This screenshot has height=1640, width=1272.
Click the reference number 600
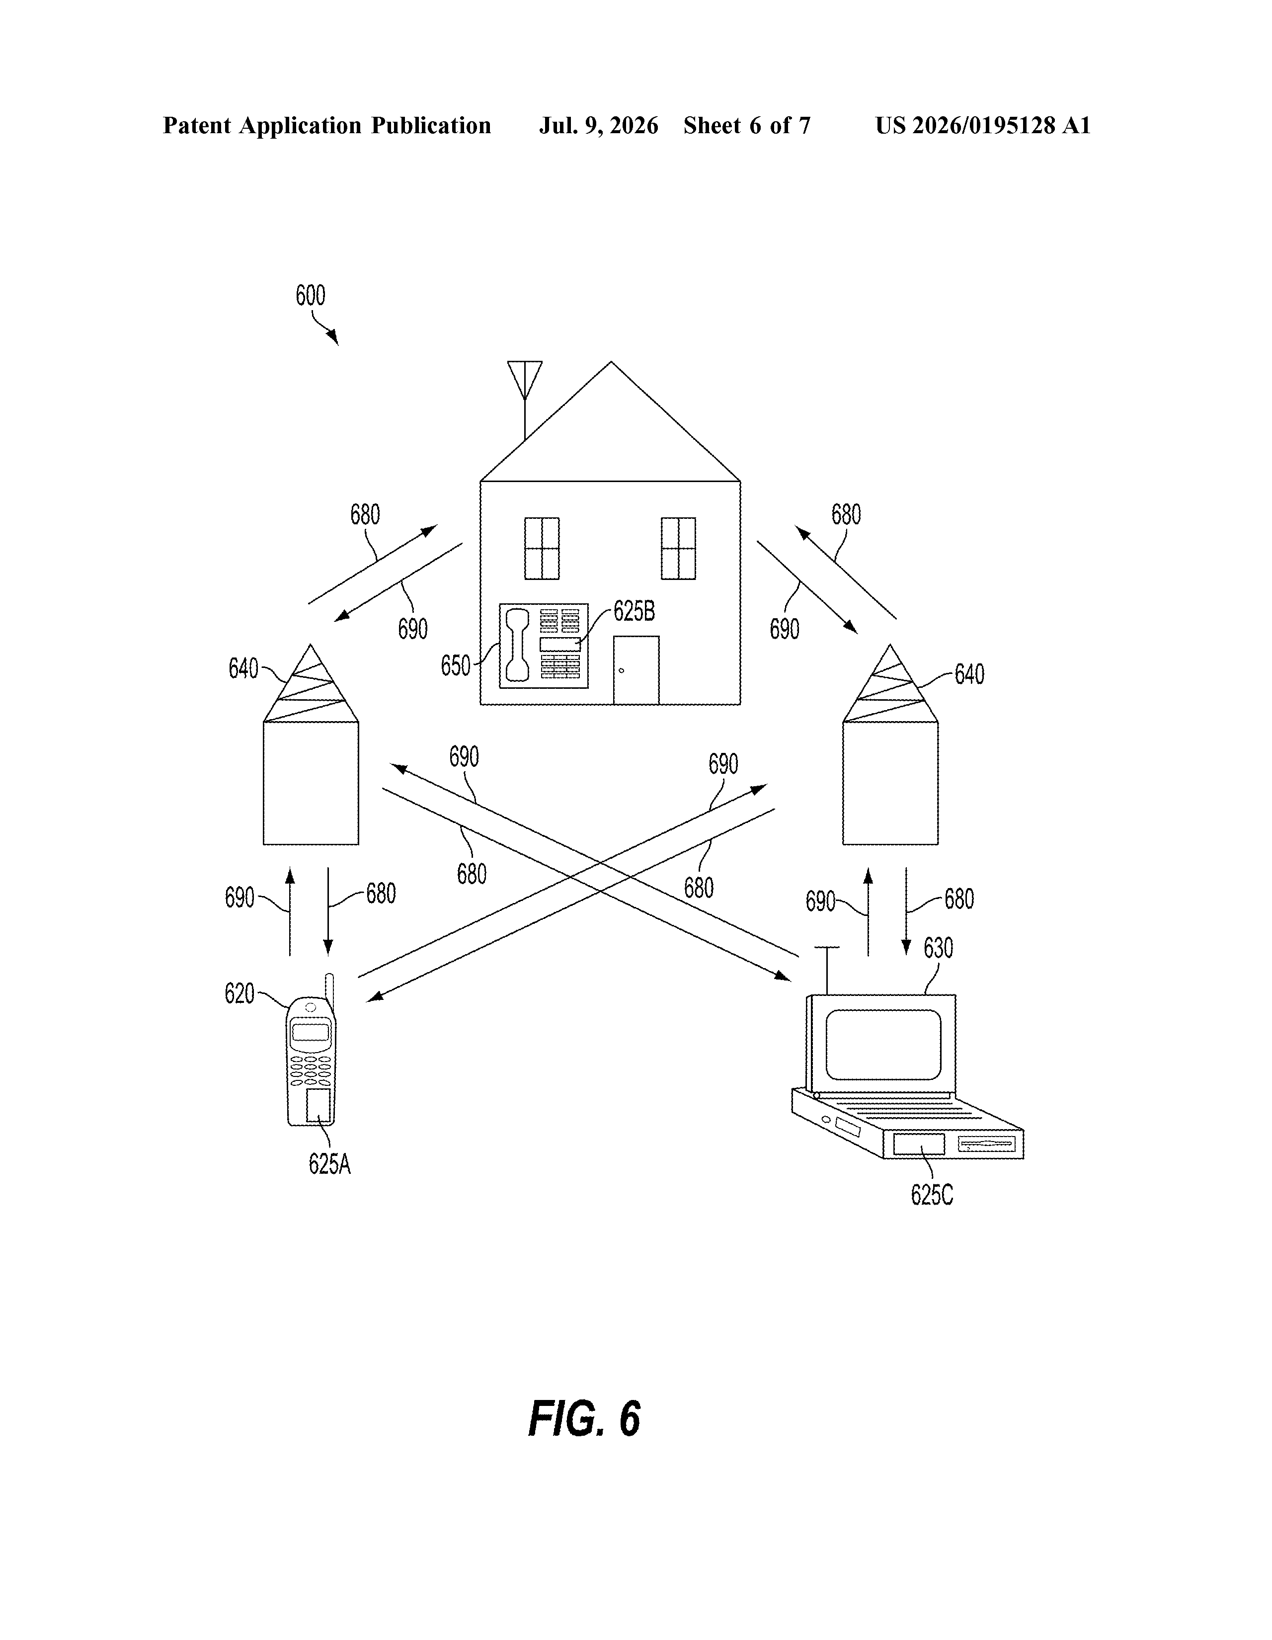tap(310, 295)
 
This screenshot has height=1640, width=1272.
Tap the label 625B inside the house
tap(634, 611)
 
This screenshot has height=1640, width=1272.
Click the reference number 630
tap(938, 948)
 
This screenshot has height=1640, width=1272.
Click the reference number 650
tap(455, 665)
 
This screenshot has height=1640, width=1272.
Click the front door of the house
tap(636, 670)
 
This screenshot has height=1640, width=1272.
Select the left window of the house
tap(542, 548)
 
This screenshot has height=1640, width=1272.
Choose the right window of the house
tap(678, 548)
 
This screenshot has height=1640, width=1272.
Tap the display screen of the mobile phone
tap(310, 1031)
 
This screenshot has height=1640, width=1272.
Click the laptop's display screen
tap(883, 1044)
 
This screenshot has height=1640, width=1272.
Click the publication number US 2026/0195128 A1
tap(982, 125)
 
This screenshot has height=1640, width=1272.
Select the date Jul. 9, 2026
tap(598, 125)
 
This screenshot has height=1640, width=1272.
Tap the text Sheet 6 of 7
tap(747, 125)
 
